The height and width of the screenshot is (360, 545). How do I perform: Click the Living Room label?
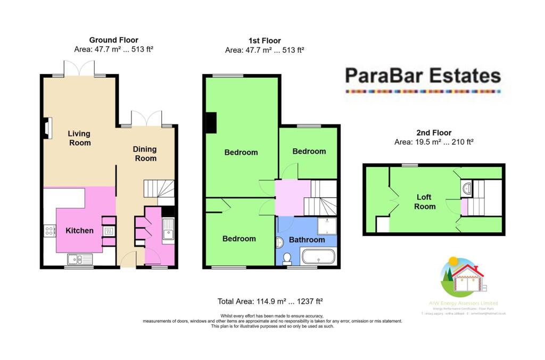pos(79,138)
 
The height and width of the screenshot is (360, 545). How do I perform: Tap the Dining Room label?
pos(145,154)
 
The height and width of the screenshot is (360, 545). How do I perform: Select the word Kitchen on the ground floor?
pos(79,231)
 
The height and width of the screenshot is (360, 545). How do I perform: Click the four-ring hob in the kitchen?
pos(50,231)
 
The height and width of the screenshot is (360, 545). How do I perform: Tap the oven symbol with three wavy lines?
pos(109,231)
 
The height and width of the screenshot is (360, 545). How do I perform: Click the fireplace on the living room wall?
pos(47,128)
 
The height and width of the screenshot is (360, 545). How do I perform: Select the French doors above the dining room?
pos(146,118)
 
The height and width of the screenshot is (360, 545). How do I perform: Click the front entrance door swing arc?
pos(129,260)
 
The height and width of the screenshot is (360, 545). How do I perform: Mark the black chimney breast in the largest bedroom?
pos(211,122)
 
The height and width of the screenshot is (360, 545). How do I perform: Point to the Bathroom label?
pos(307,240)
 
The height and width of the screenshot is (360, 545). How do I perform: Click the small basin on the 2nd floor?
pos(467,188)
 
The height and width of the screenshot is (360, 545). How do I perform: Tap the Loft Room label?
pos(425,202)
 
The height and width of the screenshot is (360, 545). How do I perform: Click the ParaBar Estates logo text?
pos(423,76)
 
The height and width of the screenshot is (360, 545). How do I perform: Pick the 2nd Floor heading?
pos(433,133)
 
